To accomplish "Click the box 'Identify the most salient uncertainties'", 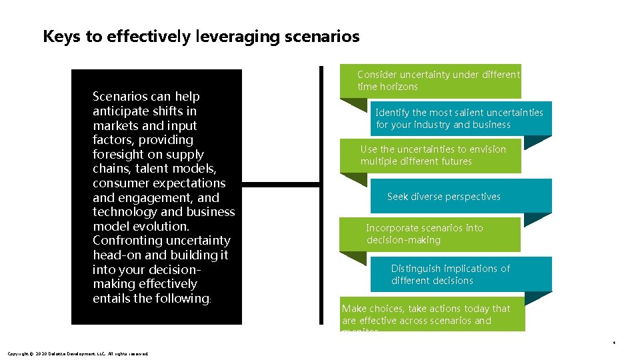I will pos(460,119).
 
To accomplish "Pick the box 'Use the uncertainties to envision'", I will pos(433,155).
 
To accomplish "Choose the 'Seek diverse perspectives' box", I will pos(461,197).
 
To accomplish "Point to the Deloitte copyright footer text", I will pos(77,353).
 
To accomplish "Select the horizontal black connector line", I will pos(280,184).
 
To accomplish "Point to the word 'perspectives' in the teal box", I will pos(472,197).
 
